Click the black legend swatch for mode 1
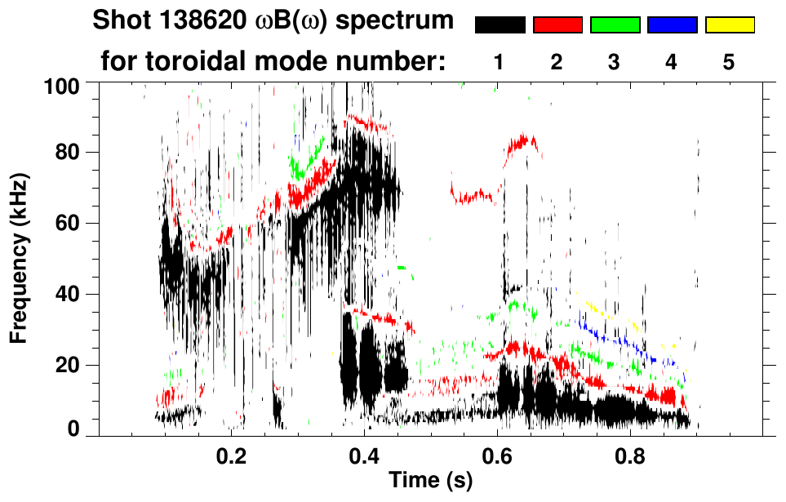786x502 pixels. click(500, 25)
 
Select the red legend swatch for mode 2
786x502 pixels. click(557, 25)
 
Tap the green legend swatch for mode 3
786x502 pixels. click(615, 25)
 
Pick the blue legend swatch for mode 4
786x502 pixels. click(672, 25)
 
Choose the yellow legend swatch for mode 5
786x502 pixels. click(730, 25)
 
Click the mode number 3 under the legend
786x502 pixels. click(615, 62)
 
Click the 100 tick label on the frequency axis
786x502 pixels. click(62, 84)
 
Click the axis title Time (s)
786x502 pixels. click(430, 481)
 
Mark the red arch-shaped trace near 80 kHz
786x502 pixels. click(522, 141)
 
